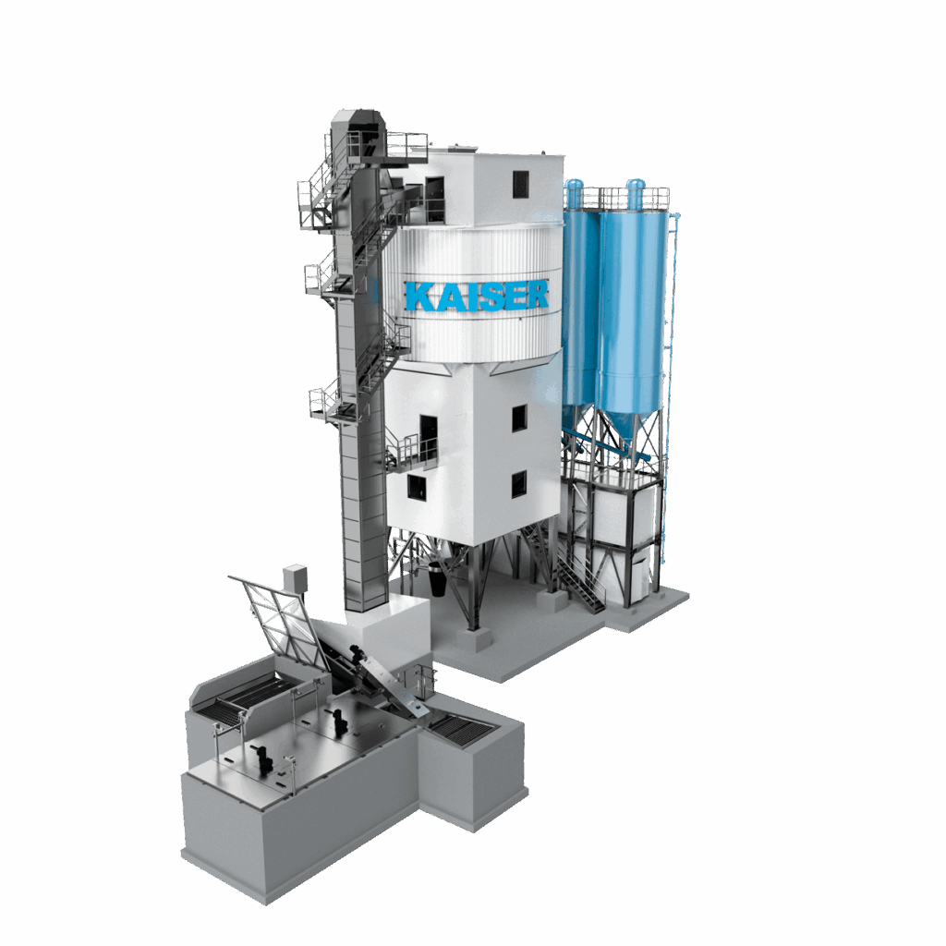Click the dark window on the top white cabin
[521, 185]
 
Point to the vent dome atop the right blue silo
[636, 192]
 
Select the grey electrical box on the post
[295, 577]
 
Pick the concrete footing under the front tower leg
[474, 639]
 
